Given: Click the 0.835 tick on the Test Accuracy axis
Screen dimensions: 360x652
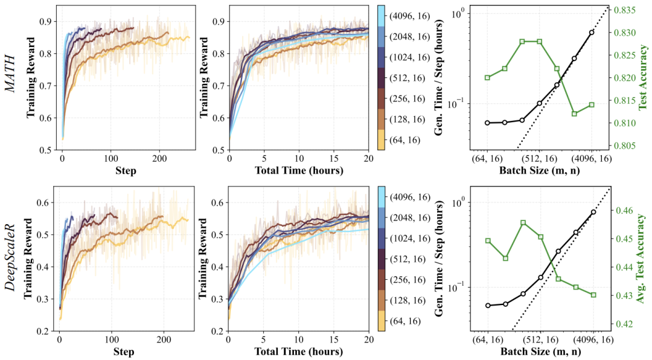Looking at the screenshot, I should (625, 10).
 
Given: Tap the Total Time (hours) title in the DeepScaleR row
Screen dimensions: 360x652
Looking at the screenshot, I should (299, 351).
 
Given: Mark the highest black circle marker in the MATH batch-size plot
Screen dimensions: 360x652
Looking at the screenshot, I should (592, 32).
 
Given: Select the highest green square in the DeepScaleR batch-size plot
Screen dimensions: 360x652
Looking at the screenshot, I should (523, 223).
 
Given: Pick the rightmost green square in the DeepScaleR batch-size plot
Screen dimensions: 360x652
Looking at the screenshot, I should (593, 295).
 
